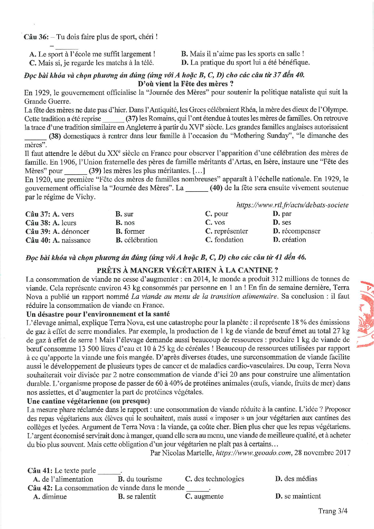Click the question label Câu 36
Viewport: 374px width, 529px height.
36,37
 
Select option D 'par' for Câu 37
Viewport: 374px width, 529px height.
282,214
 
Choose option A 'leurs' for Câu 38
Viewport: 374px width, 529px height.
64,223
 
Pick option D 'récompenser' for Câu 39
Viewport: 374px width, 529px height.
297,231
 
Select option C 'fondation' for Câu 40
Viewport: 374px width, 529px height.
224,240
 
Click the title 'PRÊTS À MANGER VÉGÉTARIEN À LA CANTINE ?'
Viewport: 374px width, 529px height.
187,270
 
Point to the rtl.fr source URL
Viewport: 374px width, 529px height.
292,205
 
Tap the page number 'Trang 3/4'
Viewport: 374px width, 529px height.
333,511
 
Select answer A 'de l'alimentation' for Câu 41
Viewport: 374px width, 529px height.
63,479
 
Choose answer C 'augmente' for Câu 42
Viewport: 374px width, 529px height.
204,496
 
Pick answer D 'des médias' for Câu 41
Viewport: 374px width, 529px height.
296,479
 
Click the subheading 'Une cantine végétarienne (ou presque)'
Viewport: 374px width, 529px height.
88,401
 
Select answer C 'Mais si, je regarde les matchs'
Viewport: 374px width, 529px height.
92,63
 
